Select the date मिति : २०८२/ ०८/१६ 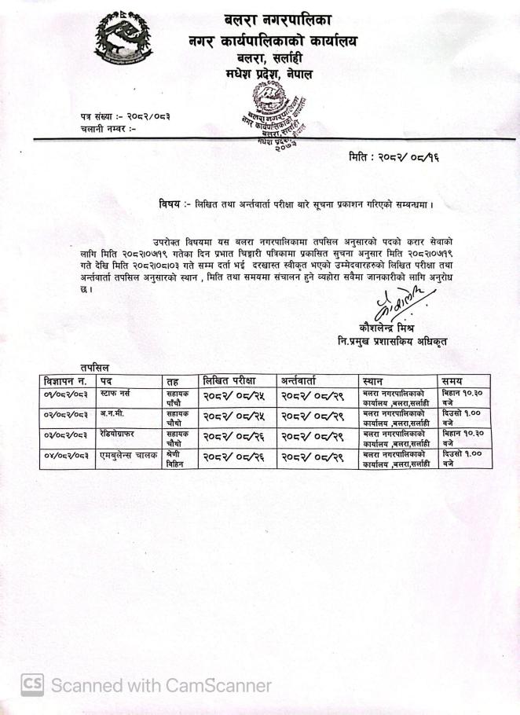(x=394, y=157)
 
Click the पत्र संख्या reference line (x=124, y=116)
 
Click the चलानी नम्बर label (x=108, y=128)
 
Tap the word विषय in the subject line (x=170, y=205)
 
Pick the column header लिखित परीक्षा (x=232, y=380)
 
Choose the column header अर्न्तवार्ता (x=308, y=380)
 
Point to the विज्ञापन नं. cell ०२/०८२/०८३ (x=67, y=413)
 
